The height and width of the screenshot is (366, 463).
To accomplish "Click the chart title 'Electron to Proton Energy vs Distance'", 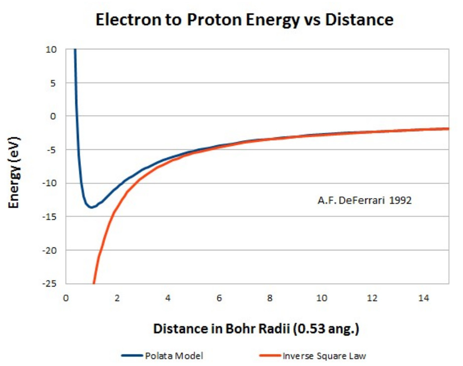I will pos(245,20).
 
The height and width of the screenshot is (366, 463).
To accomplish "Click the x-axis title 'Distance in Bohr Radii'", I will pos(257,329).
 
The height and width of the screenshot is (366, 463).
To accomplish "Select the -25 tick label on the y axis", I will pos(51,284).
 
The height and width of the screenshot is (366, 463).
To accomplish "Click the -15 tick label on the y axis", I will pos(51,217).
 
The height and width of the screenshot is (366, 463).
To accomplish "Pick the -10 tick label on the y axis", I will pos(51,183).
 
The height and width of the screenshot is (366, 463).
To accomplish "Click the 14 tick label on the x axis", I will pos(423,298).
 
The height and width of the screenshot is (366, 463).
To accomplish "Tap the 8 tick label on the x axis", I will pos(270,298).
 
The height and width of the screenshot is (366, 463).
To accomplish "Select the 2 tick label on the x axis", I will pos(117,298).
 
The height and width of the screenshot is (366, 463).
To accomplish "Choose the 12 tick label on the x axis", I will pos(372,298).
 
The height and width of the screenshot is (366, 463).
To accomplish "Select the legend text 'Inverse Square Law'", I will pos(316,356).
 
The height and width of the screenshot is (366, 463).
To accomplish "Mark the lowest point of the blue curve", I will pos(90,207).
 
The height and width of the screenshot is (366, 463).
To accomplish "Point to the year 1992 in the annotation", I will pos(401,201).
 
